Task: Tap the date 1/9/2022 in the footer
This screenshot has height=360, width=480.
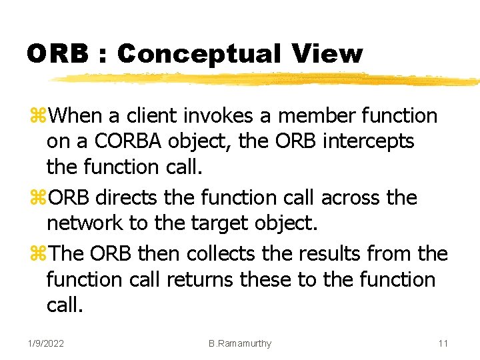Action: [x=46, y=343]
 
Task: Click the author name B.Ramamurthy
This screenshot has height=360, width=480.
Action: [x=239, y=343]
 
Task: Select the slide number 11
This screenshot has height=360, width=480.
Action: [x=443, y=343]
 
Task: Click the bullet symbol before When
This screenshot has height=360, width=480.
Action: [x=37, y=117]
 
